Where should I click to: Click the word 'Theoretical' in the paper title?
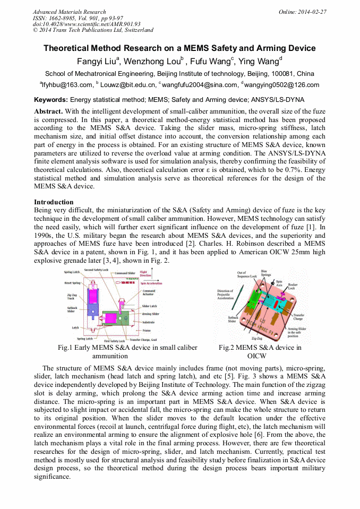[67, 48]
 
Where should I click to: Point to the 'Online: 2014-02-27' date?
[303, 12]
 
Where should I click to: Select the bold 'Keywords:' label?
[51, 99]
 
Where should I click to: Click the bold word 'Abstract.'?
[48, 111]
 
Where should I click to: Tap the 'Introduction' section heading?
[54, 202]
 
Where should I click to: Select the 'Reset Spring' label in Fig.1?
[72, 283]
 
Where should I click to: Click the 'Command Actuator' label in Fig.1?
[149, 292]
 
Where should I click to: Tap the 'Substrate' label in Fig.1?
[148, 322]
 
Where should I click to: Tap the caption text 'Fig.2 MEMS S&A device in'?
[260, 348]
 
